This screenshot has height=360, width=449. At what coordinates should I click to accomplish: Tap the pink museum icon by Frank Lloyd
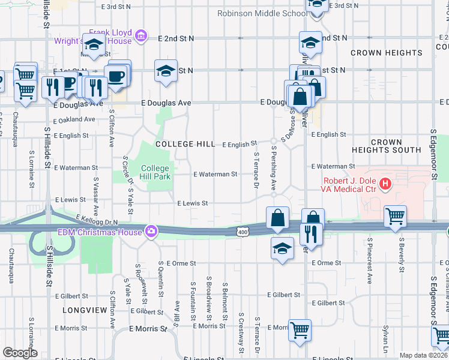pos(141,37)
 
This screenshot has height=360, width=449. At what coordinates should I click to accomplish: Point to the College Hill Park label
pos(156,172)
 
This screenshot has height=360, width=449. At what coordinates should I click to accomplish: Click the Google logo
pos(20,352)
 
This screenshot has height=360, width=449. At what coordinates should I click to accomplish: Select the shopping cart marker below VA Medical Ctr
pos(395,217)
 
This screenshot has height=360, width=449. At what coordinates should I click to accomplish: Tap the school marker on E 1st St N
pos(166,70)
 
